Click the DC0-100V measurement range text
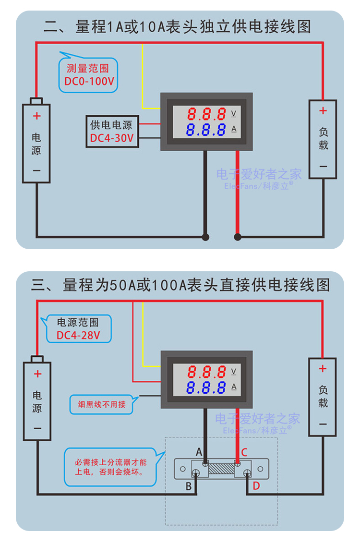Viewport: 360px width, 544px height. (x=89, y=81)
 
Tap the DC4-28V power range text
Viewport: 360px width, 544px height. (x=78, y=335)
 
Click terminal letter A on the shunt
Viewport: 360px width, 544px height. (x=199, y=452)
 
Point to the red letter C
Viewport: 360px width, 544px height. (x=244, y=452)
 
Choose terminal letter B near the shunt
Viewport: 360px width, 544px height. (x=189, y=486)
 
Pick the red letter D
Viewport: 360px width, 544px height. (x=256, y=486)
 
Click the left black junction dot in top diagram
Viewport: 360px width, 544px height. (x=206, y=237)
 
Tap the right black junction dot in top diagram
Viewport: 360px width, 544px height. (x=237, y=237)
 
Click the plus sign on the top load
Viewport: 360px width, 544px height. (x=323, y=111)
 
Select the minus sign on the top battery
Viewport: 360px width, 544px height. (x=36, y=170)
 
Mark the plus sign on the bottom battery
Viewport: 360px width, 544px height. (x=37, y=375)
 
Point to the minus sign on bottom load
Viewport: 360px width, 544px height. (x=323, y=424)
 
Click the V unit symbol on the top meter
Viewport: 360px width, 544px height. (x=234, y=114)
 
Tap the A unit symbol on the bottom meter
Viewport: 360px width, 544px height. (x=234, y=387)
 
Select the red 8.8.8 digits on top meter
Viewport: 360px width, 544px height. (x=206, y=114)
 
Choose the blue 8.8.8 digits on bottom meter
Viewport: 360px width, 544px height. (x=206, y=387)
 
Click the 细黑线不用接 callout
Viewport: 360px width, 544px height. (x=102, y=404)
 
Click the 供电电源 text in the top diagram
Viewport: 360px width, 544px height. (x=111, y=125)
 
